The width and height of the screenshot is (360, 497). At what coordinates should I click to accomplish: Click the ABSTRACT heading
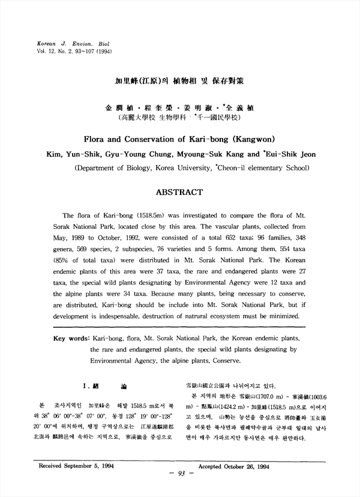click(x=179, y=192)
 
